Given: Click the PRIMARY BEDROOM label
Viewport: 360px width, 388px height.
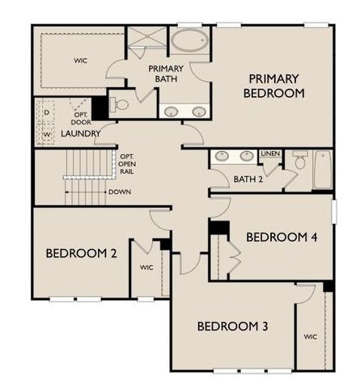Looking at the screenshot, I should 275,86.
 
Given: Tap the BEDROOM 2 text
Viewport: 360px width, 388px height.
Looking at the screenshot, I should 81,253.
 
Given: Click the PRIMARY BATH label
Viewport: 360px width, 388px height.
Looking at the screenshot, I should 166,74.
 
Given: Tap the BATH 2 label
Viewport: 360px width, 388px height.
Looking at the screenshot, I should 249,179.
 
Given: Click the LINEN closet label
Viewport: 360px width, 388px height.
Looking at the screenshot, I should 270,153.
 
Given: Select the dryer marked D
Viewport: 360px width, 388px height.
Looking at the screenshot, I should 46,111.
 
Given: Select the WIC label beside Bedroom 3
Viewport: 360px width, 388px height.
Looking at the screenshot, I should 310,335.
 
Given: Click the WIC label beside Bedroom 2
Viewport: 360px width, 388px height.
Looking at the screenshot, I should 146,266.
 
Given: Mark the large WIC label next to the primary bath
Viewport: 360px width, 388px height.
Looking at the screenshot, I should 80,59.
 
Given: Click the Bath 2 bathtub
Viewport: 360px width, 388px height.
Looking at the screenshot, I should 324,169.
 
